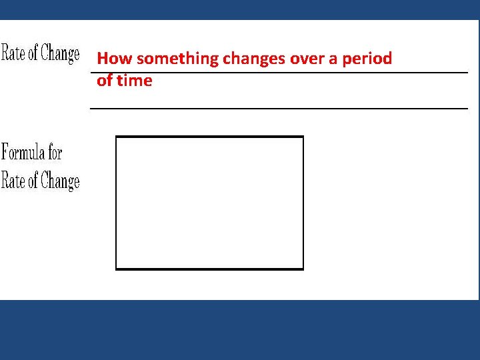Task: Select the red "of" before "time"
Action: pyautogui.click(x=105, y=81)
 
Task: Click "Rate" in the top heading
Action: pyautogui.click(x=13, y=53)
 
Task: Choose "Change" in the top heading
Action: pyautogui.click(x=60, y=54)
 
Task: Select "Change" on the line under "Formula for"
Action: pyautogui.click(x=60, y=181)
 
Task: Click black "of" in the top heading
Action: pyautogui.click(x=33, y=53)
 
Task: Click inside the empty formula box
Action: pyautogui.click(x=209, y=203)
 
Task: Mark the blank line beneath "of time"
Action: pyautogui.click(x=279, y=107)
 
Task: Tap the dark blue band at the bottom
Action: pyautogui.click(x=240, y=330)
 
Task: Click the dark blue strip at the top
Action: pyautogui.click(x=240, y=9)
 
